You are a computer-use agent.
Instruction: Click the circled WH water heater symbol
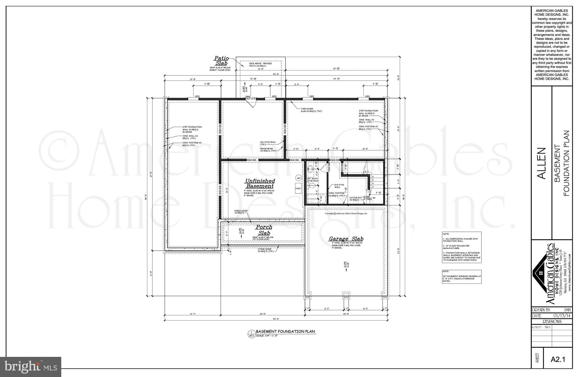coord(298,178)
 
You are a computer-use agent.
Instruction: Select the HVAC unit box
coord(298,188)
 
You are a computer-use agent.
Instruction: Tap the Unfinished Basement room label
coord(260,184)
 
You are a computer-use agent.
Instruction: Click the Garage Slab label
coord(346,239)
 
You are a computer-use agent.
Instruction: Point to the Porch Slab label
coord(264,230)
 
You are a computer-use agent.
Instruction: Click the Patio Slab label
coord(221,61)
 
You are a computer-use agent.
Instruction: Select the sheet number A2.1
coord(558,359)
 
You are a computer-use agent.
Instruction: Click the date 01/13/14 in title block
coord(562,316)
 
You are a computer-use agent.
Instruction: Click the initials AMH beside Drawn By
coord(567,310)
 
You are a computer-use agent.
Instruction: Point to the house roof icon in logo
coord(540,273)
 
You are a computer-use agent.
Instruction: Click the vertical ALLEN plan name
coord(542,163)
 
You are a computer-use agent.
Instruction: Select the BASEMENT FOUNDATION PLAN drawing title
coord(285,331)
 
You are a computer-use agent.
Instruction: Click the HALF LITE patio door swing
coord(252,104)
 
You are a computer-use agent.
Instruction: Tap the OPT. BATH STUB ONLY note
coord(313,180)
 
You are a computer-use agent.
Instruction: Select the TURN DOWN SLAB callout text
coord(311,110)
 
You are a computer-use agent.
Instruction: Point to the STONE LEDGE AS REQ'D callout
coord(266,250)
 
